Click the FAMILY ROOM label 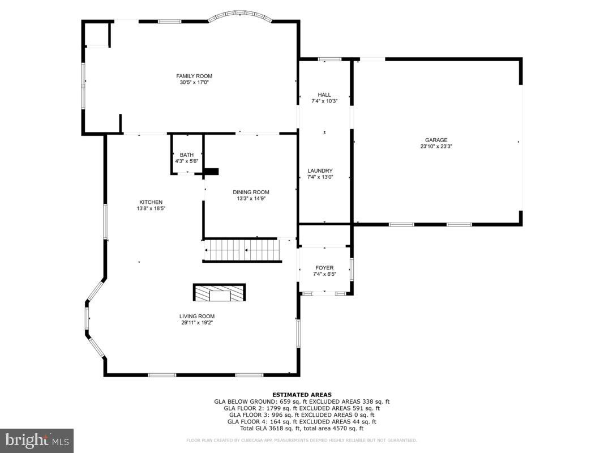tap(194, 76)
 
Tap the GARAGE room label tap(436, 140)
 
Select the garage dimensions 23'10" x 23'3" tap(436, 146)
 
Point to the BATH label tap(187, 155)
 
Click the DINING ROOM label tap(251, 192)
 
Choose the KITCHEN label tap(151, 202)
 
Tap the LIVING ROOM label tap(197, 317)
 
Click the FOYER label tap(324, 268)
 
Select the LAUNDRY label tap(320, 170)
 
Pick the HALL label tap(324, 95)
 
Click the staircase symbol tap(242, 250)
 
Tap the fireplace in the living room tap(220, 293)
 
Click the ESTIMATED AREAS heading tap(302, 395)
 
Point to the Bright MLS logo tap(37, 440)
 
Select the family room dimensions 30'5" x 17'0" tap(194, 83)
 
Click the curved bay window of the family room tap(240, 17)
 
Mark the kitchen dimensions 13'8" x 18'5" tap(151, 208)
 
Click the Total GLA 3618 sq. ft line tap(302, 429)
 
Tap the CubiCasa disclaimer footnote tap(302, 440)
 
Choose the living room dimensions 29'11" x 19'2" tap(197, 323)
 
